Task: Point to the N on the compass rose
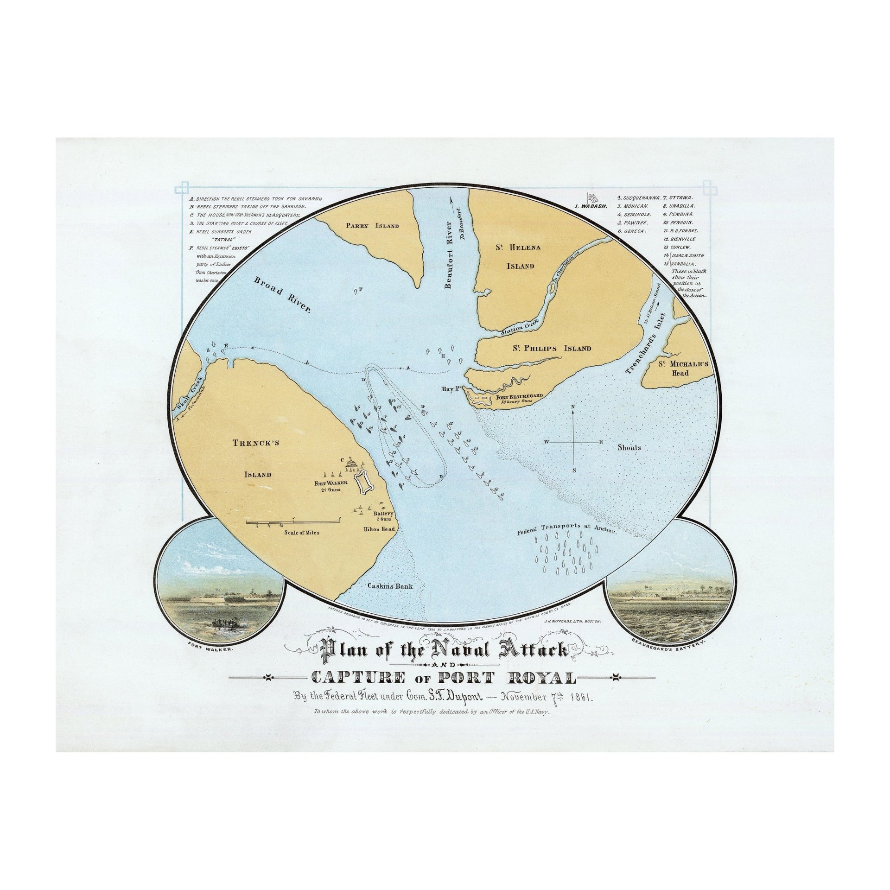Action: [x=573, y=407]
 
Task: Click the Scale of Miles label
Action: [x=302, y=533]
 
